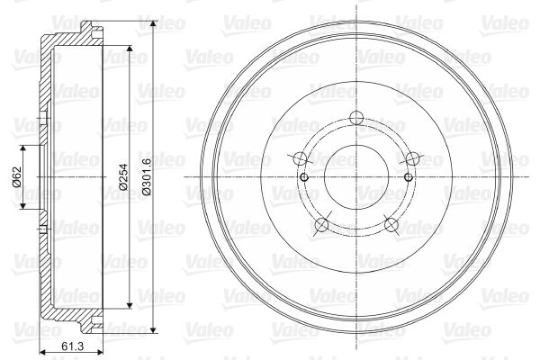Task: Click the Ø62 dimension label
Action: pyautogui.click(x=17, y=176)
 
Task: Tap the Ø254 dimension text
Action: pyautogui.click(x=123, y=176)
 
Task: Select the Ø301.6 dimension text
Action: pyautogui.click(x=146, y=176)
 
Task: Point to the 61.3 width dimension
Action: pyautogui.click(x=72, y=346)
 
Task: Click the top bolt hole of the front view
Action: pyautogui.click(x=356, y=117)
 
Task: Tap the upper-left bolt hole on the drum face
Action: pyautogui.click(x=301, y=158)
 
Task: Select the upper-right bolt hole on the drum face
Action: pyautogui.click(x=412, y=158)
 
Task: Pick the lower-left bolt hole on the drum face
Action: pyautogui.click(x=322, y=225)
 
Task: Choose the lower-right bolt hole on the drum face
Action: pyautogui.click(x=391, y=225)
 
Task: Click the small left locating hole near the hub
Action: pyautogui.click(x=304, y=177)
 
